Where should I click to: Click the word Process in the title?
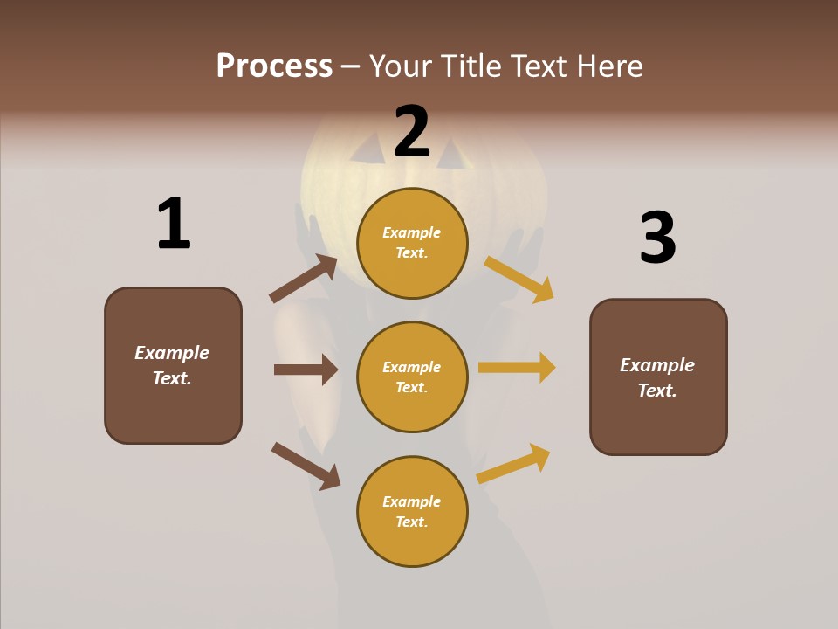click(274, 66)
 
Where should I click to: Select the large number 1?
click(174, 224)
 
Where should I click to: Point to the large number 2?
click(412, 131)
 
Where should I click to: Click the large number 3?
click(658, 238)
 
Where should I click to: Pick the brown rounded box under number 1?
click(173, 365)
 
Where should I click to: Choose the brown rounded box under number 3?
click(658, 377)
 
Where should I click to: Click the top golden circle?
click(412, 243)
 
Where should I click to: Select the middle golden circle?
click(412, 377)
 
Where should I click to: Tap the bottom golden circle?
click(412, 511)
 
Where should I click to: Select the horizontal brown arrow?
click(306, 370)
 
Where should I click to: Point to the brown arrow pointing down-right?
click(306, 466)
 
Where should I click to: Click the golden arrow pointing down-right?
click(519, 279)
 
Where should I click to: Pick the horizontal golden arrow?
click(517, 368)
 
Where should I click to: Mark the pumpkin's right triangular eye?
click(455, 156)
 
